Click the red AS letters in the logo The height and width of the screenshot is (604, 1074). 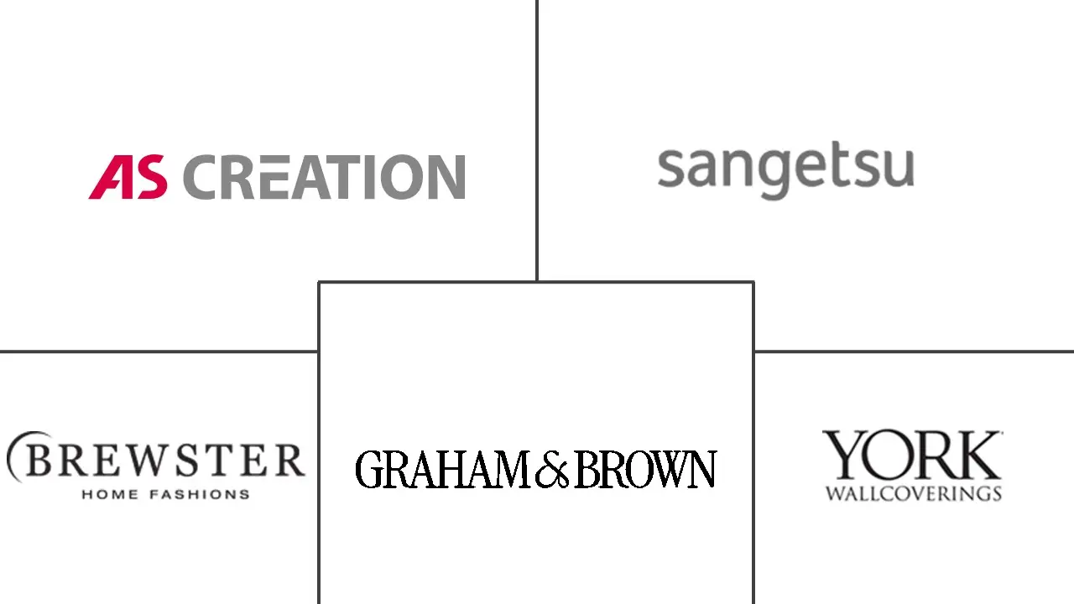pyautogui.click(x=128, y=177)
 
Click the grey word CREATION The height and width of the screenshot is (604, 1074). pyautogui.click(x=324, y=177)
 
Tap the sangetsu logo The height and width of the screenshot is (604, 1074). pyautogui.click(x=786, y=169)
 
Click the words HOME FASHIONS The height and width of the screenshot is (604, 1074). pyautogui.click(x=166, y=494)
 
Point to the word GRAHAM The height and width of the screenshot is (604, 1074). pyautogui.click(x=444, y=469)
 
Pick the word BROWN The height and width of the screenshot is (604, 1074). pyautogui.click(x=645, y=469)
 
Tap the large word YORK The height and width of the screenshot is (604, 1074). pyautogui.click(x=912, y=455)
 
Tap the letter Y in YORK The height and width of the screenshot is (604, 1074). pyautogui.click(x=845, y=455)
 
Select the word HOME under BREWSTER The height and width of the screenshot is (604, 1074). pyautogui.click(x=110, y=494)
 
